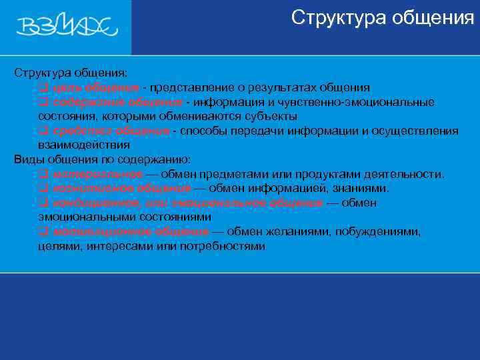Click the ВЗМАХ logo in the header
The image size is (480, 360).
[67, 27]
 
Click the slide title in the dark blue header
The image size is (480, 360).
[383, 18]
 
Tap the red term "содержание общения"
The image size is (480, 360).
[117, 102]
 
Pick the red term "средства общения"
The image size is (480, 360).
[112, 131]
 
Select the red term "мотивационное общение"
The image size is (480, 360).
[129, 232]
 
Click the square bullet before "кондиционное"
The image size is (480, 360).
[43, 203]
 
